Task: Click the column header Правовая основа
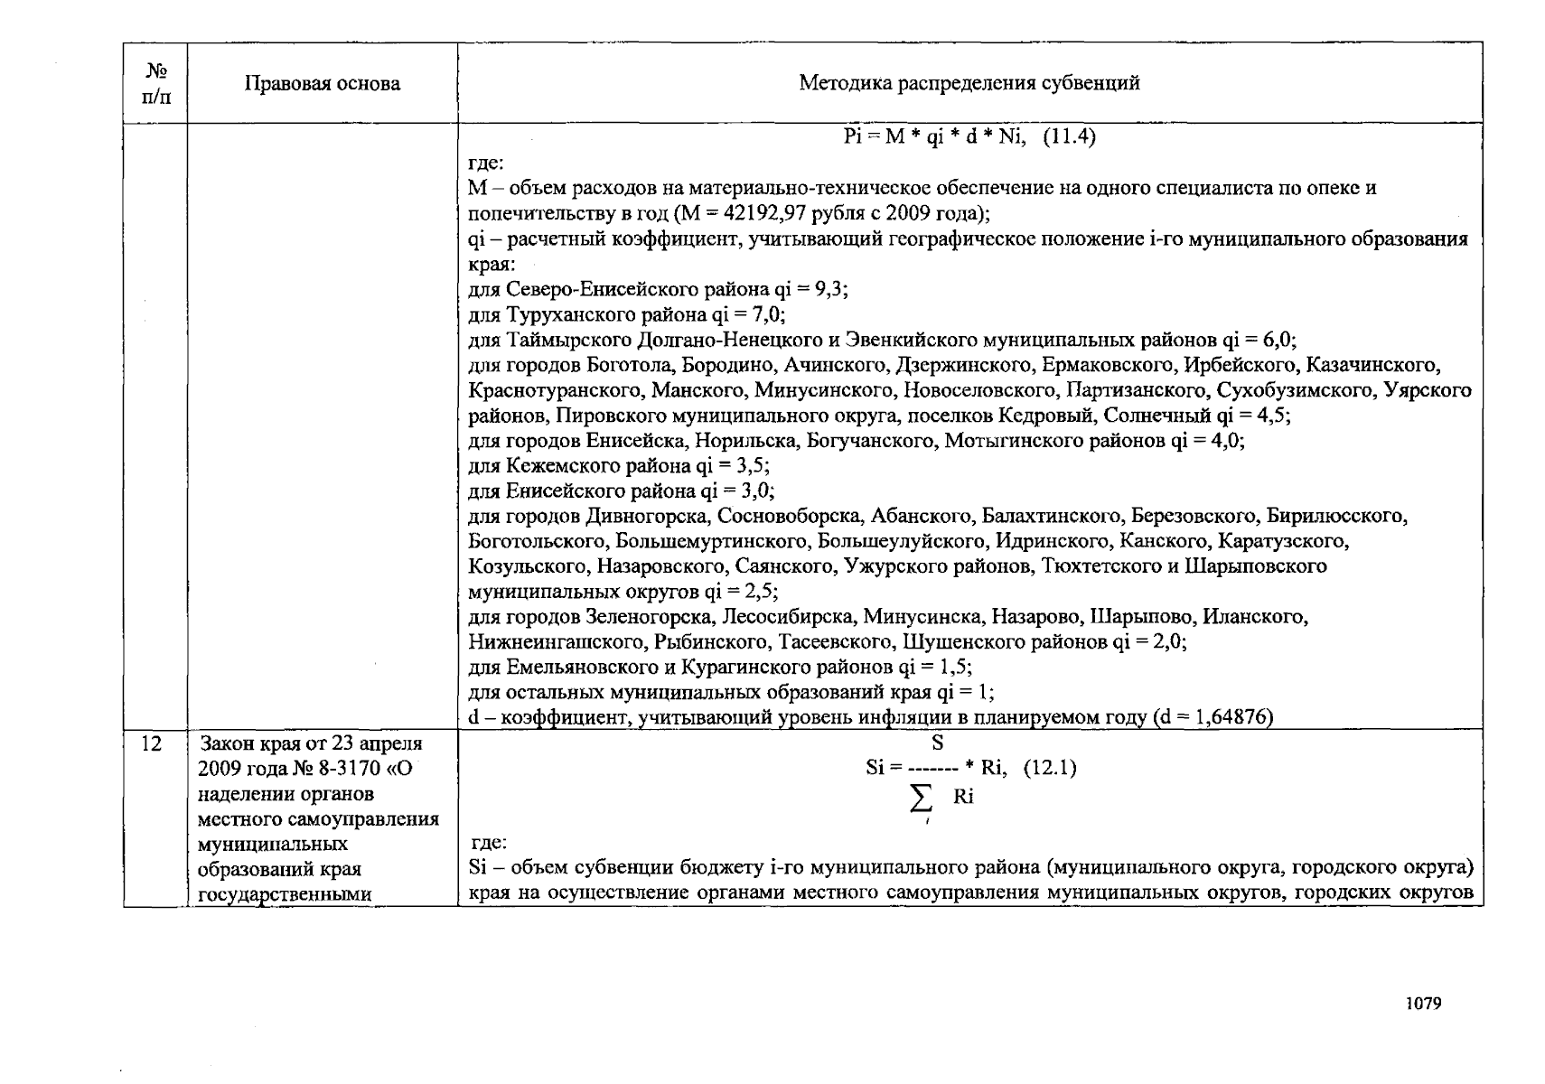click(x=322, y=84)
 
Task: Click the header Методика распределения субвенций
click(x=969, y=83)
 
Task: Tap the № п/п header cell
click(x=155, y=83)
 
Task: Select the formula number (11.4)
click(x=1069, y=137)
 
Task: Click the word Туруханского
click(x=561, y=315)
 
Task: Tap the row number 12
click(x=153, y=743)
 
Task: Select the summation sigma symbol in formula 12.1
click(x=922, y=799)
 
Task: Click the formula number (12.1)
click(x=1049, y=769)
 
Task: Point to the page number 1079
click(x=1423, y=1003)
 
